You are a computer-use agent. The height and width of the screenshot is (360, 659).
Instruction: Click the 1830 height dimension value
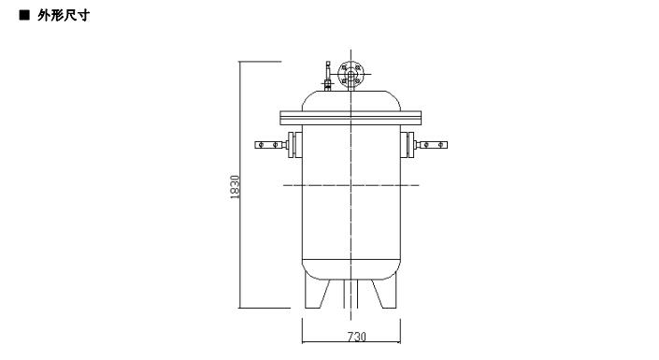(235, 187)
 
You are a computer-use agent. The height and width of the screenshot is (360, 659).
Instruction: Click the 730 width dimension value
(357, 337)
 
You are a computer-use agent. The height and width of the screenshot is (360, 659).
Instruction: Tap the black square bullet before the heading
(25, 15)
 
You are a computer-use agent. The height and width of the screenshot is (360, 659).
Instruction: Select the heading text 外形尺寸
(64, 16)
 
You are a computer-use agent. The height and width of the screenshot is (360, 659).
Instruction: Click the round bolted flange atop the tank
(351, 74)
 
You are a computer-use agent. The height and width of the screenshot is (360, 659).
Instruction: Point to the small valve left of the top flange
(328, 76)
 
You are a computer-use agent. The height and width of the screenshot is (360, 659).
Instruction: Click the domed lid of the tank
(351, 101)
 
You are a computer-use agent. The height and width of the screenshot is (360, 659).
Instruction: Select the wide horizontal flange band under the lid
(351, 118)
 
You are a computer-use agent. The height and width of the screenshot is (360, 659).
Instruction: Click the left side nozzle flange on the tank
(295, 145)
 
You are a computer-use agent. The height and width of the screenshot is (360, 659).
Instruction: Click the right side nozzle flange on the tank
(407, 145)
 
